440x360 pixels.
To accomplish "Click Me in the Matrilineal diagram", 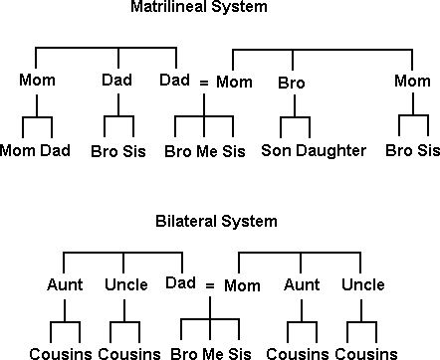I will (x=205, y=151).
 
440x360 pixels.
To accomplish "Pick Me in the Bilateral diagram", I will (x=212, y=353).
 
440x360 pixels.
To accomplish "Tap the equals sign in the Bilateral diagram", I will (x=210, y=286).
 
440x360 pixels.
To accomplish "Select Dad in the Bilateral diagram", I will (x=180, y=282).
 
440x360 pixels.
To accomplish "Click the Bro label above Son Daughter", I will (x=290, y=81).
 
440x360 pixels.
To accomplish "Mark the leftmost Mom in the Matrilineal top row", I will (x=36, y=81).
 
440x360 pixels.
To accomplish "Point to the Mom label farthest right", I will (x=413, y=81).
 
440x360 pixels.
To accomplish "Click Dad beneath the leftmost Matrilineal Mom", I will (x=63, y=151).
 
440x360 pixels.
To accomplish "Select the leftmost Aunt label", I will (x=65, y=285).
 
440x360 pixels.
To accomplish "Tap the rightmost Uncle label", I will (x=361, y=285).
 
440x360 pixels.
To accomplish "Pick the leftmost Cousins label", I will (x=60, y=353).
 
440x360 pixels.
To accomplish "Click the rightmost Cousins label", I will (x=360, y=353).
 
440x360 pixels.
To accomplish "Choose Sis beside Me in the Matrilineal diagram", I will (x=233, y=151).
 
